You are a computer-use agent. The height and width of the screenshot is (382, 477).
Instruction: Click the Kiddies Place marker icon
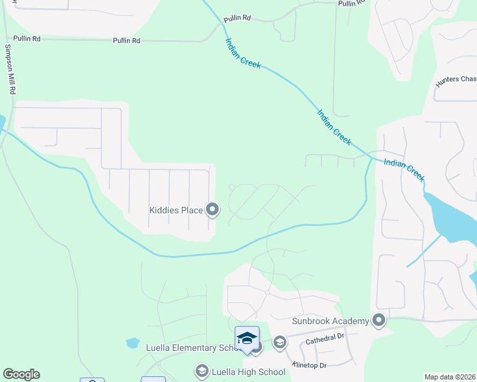(x=212, y=209)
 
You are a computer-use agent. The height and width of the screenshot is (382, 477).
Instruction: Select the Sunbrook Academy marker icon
(x=379, y=320)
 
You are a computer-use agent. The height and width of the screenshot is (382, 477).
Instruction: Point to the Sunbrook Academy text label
(x=330, y=321)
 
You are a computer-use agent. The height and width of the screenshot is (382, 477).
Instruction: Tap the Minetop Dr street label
(x=309, y=365)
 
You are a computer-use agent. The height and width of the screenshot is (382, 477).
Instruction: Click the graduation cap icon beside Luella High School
(x=202, y=371)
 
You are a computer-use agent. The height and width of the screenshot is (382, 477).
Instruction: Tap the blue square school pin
(x=247, y=338)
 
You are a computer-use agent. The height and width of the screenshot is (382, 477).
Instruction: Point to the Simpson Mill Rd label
(x=10, y=69)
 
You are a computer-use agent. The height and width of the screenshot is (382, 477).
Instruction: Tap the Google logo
(x=21, y=374)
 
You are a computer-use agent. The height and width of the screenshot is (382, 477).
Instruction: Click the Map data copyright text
(x=450, y=377)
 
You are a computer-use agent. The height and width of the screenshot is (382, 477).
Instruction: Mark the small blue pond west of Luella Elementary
(x=133, y=343)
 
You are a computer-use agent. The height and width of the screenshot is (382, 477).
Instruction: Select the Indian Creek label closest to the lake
(x=404, y=170)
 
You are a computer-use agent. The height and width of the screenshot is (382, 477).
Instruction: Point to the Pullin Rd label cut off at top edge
(x=352, y=3)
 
